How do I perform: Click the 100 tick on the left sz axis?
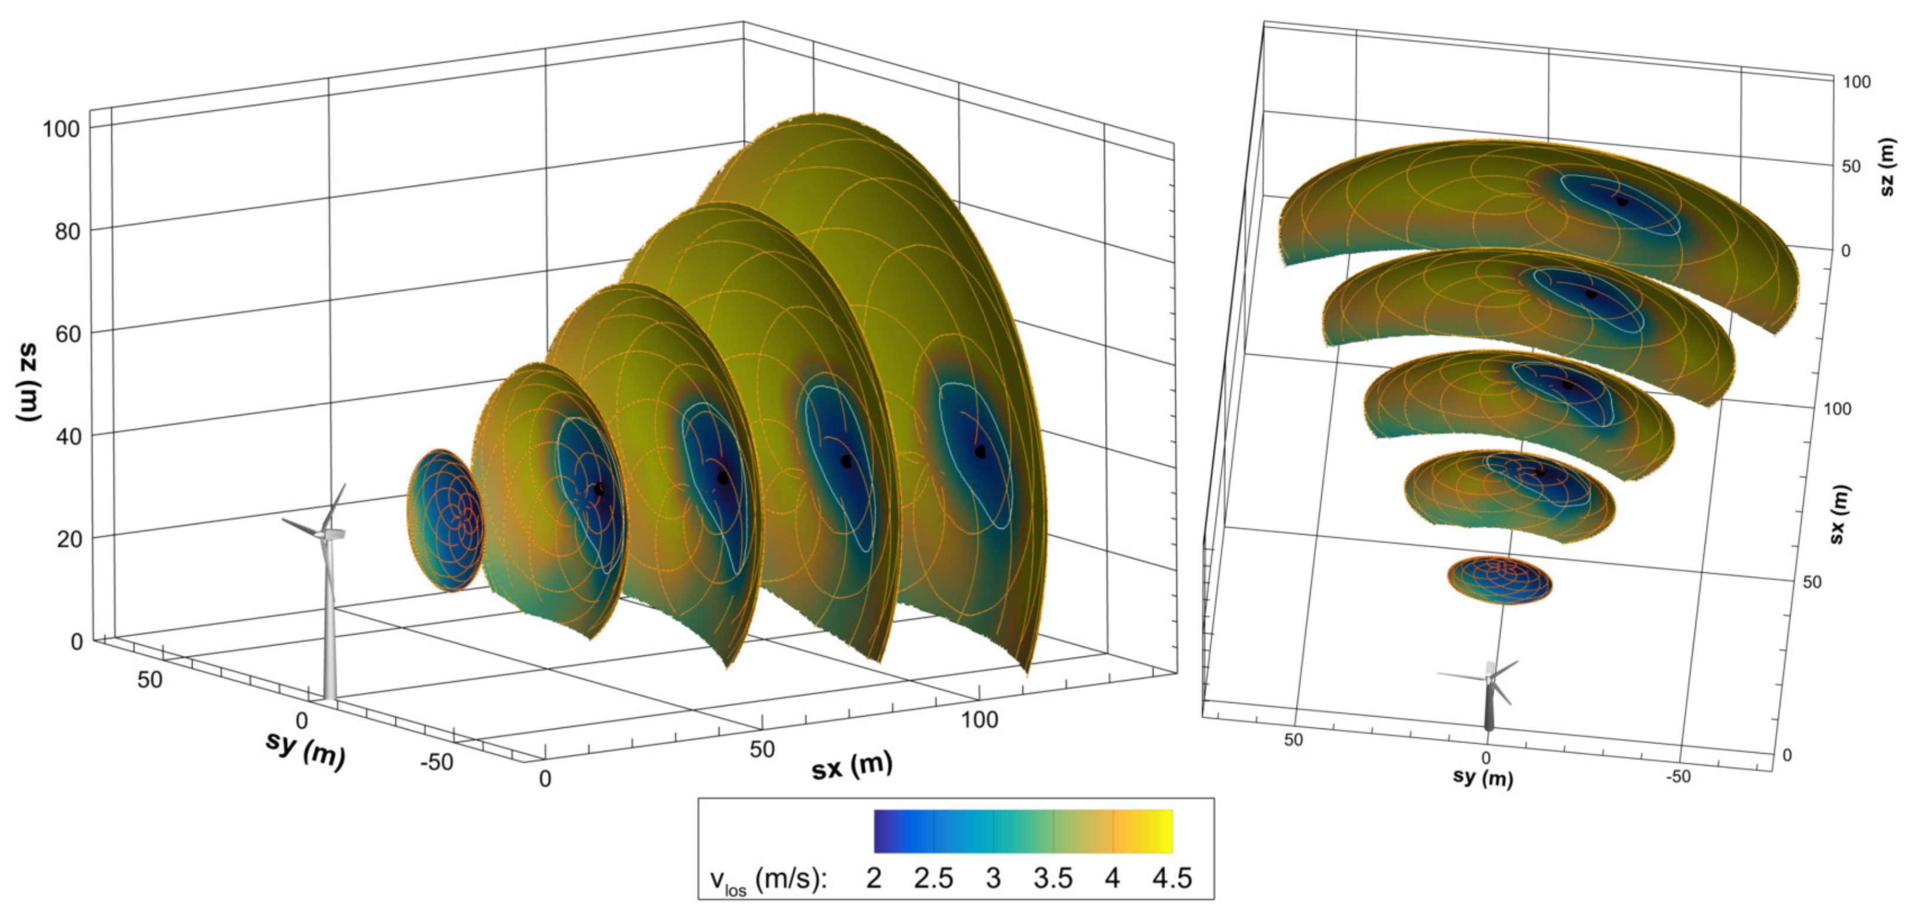point(61,128)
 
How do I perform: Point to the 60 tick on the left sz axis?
point(68,334)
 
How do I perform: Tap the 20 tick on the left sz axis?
point(68,539)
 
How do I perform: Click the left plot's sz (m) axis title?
point(28,383)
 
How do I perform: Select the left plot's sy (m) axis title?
point(305,750)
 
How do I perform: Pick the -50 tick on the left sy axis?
point(436,761)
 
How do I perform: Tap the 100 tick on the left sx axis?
point(979,719)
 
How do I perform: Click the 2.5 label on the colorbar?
point(933,879)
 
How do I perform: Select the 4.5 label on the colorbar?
point(1172,879)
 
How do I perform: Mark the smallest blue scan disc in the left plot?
point(445,520)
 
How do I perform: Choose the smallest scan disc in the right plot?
point(1499,579)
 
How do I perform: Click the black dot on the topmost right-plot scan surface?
point(1622,200)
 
